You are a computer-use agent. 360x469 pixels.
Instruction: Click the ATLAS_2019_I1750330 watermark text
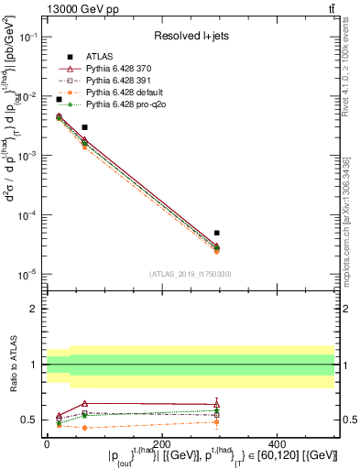tap(190, 274)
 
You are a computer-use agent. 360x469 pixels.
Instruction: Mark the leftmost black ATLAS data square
tap(59, 99)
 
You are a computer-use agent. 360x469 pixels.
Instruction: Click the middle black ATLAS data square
tap(84, 127)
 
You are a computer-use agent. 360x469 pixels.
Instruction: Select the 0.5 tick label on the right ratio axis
tap(348, 420)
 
